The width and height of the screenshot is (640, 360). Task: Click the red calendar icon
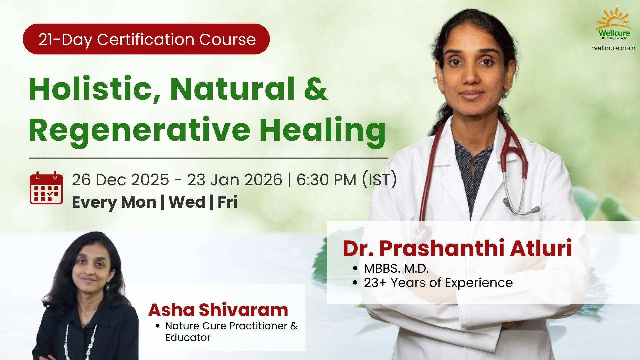[46, 188]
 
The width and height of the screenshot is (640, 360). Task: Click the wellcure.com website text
[614, 48]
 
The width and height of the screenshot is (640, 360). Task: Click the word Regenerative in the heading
[139, 130]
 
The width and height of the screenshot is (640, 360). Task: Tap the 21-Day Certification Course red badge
[146, 39]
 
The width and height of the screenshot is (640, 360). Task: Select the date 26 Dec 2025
[120, 180]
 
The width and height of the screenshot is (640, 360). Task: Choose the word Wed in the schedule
[187, 202]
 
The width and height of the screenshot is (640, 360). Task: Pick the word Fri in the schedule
[227, 202]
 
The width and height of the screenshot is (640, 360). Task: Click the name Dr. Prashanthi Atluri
[457, 248]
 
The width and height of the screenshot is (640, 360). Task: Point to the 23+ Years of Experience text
[438, 283]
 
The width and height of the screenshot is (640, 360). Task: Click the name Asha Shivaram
[218, 310]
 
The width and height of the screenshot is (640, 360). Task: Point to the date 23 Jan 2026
[234, 180]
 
